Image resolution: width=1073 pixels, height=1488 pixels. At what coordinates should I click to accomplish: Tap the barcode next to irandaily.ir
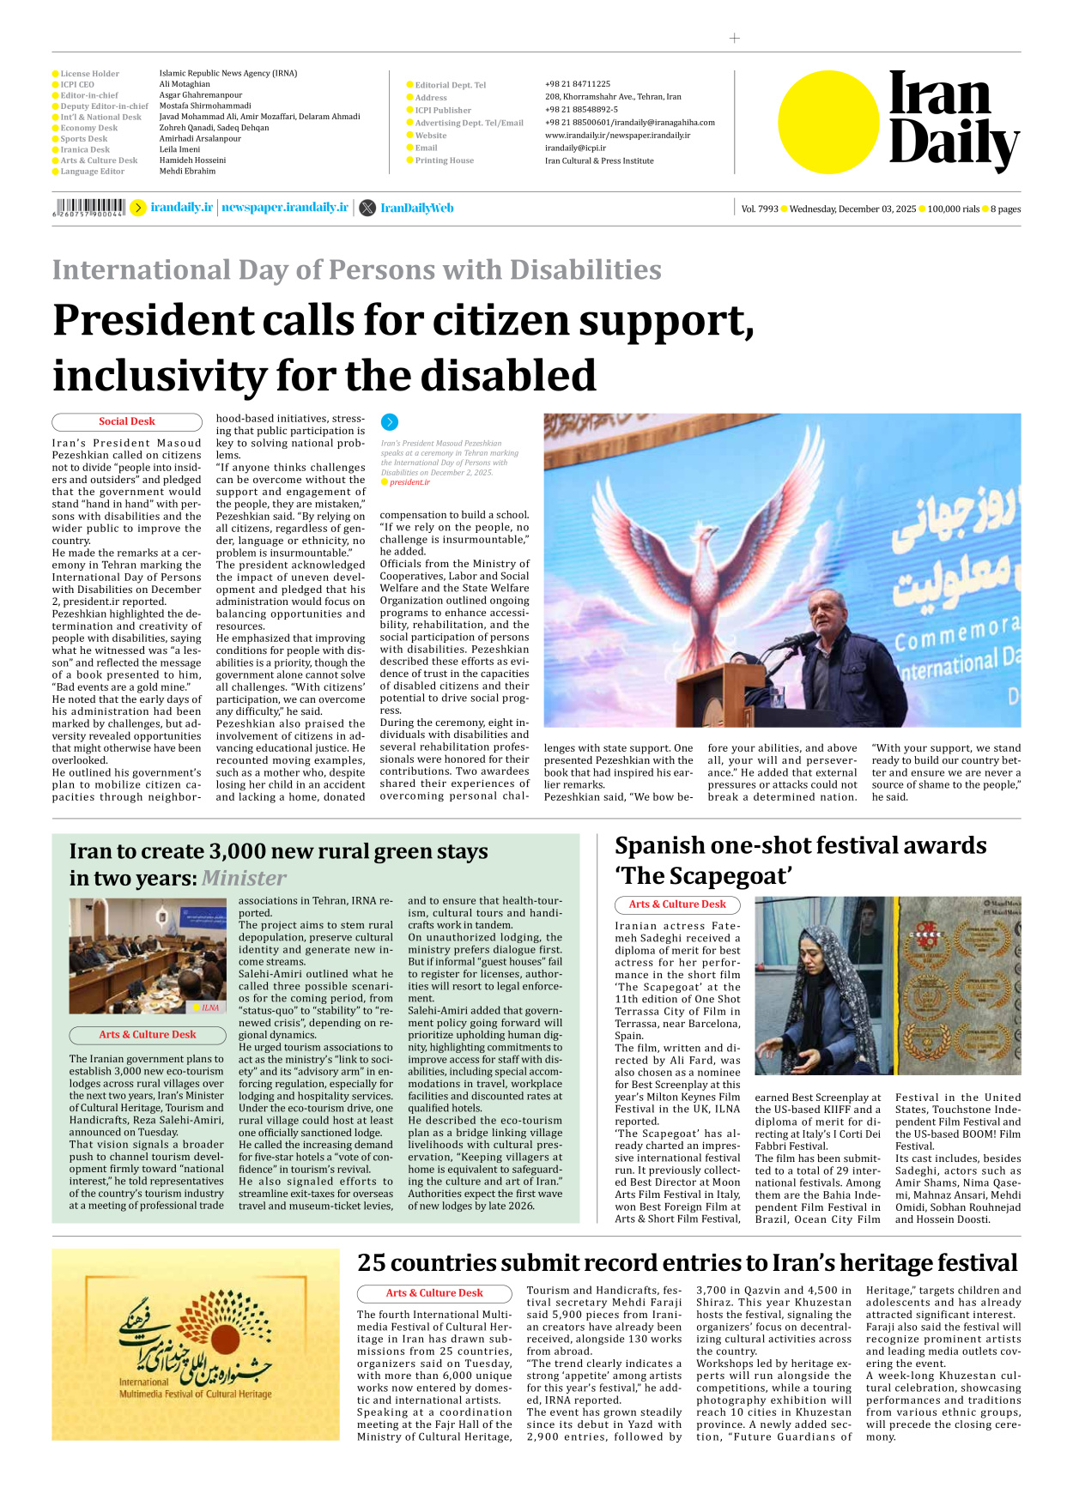pos(88,207)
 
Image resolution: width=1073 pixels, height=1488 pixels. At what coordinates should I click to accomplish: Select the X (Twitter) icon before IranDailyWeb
pos(367,208)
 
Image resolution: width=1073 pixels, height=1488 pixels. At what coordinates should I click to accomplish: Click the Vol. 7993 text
pos(760,209)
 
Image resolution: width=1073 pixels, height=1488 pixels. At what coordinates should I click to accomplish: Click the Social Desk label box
pos(126,421)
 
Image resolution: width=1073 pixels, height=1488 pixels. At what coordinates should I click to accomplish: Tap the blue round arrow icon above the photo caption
pos(389,422)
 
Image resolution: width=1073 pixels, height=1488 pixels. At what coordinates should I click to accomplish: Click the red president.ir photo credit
pos(409,482)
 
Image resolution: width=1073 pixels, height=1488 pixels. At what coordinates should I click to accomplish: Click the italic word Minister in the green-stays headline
pos(244,878)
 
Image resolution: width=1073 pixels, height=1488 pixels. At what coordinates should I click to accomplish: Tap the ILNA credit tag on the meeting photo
pos(209,1007)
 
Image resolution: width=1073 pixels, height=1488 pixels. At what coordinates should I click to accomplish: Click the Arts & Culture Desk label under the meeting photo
pos(147,1034)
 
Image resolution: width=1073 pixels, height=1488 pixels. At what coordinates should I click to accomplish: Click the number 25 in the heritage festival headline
pos(371,1263)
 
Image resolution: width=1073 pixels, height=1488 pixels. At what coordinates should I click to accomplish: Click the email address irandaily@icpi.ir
pos(575,148)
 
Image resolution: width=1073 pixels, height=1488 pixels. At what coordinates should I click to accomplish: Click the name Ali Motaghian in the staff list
pos(185,84)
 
